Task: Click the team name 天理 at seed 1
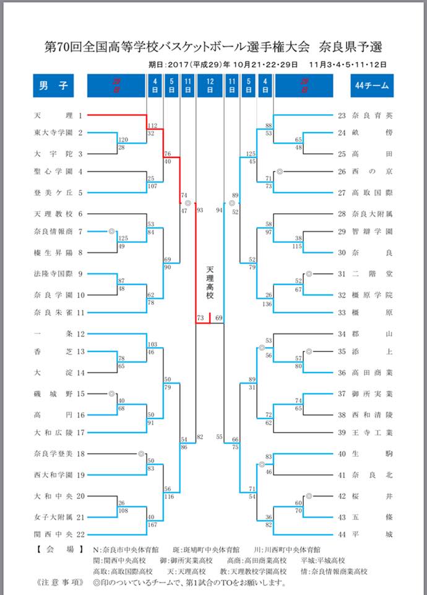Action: tap(53, 115)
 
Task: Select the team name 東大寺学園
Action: tap(53, 133)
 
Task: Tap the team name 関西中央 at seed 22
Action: tap(53, 534)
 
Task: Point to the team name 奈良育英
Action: tap(372, 115)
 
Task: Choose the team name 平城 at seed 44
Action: tap(372, 534)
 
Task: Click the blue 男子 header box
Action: tap(53, 86)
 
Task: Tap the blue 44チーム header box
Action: tap(372, 86)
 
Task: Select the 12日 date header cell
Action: tap(210, 86)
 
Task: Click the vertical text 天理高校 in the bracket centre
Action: tap(210, 283)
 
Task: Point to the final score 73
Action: tap(201, 318)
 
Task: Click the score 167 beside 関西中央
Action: tap(152, 525)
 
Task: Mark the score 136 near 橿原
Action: tap(267, 304)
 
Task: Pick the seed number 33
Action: tap(342, 312)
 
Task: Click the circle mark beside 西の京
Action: tap(280, 172)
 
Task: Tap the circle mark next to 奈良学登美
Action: tap(141, 454)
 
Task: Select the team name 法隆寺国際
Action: tap(53, 273)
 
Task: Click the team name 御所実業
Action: tap(372, 394)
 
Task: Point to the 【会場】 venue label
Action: tap(59, 549)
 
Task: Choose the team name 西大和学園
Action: tap(53, 475)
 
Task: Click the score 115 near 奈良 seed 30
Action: tap(298, 246)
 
